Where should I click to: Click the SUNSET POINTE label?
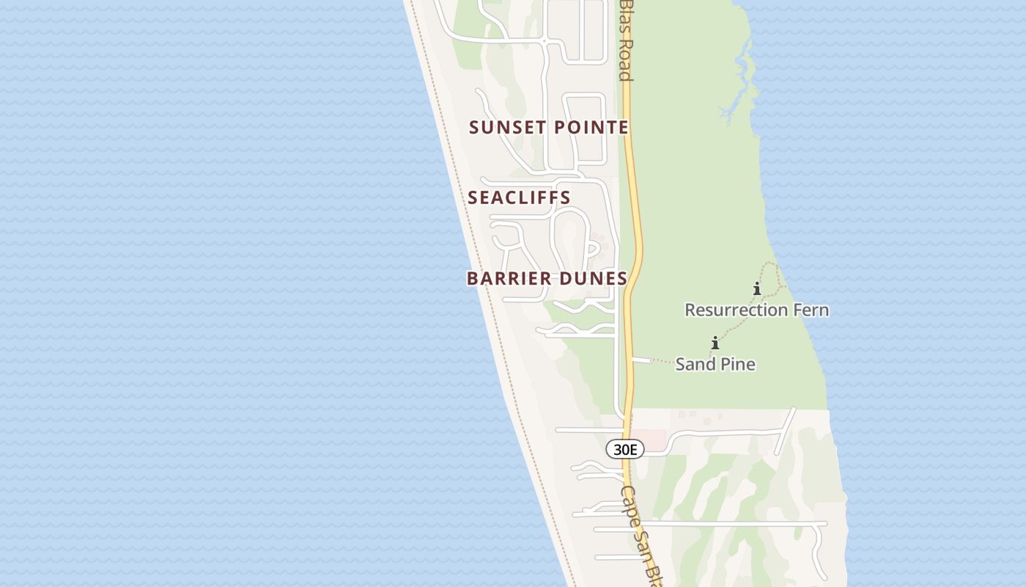click(549, 128)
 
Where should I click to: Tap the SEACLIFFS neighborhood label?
click(519, 198)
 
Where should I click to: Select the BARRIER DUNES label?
click(547, 279)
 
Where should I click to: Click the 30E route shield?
click(624, 449)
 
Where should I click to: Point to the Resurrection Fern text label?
click(756, 310)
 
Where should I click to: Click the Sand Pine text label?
click(715, 364)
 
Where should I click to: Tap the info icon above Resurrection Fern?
click(757, 288)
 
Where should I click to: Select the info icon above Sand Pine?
click(715, 343)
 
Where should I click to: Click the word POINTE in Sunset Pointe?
click(591, 128)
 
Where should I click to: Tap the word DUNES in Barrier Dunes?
click(594, 279)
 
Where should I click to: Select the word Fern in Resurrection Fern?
click(811, 310)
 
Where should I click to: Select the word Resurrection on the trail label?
click(736, 310)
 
